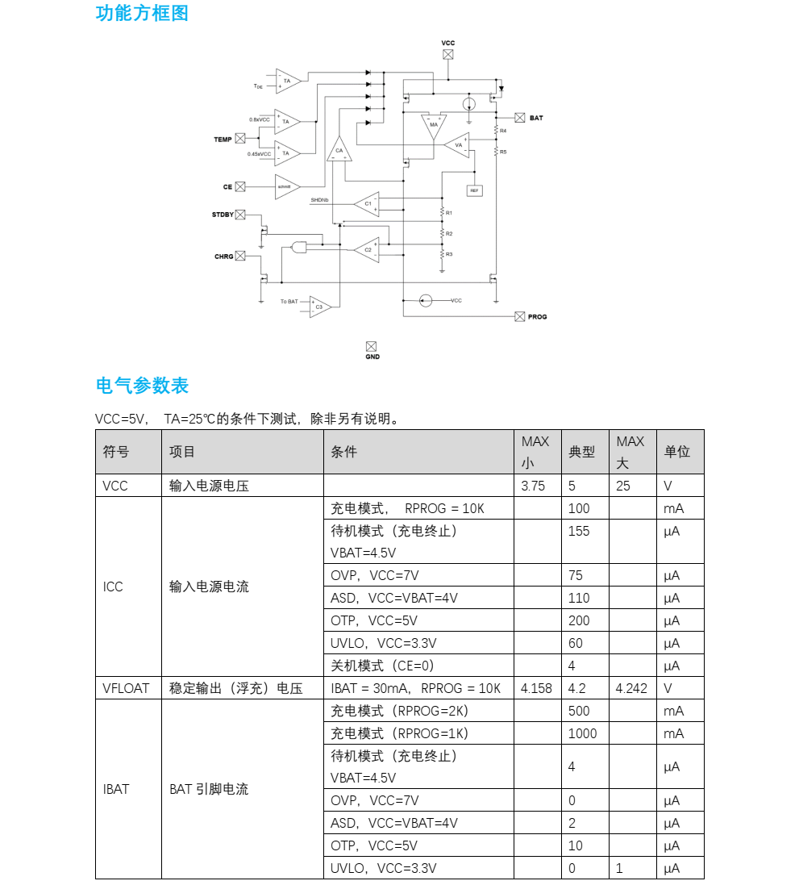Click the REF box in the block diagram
point(474,190)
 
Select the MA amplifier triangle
point(434,125)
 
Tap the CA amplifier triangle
point(339,149)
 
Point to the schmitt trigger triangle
point(285,186)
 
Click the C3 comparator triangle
point(319,306)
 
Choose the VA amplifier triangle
point(458,145)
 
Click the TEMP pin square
point(239,139)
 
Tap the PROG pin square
point(519,316)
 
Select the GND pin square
point(372,345)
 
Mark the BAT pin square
point(520,118)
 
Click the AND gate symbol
point(299,247)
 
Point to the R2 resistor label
point(449,233)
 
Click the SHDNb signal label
point(319,199)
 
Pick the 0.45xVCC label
point(259,153)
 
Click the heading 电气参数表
point(142,386)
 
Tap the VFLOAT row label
point(126,688)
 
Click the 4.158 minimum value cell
point(537,688)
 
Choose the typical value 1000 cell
point(582,733)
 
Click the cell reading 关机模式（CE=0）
point(382,666)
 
